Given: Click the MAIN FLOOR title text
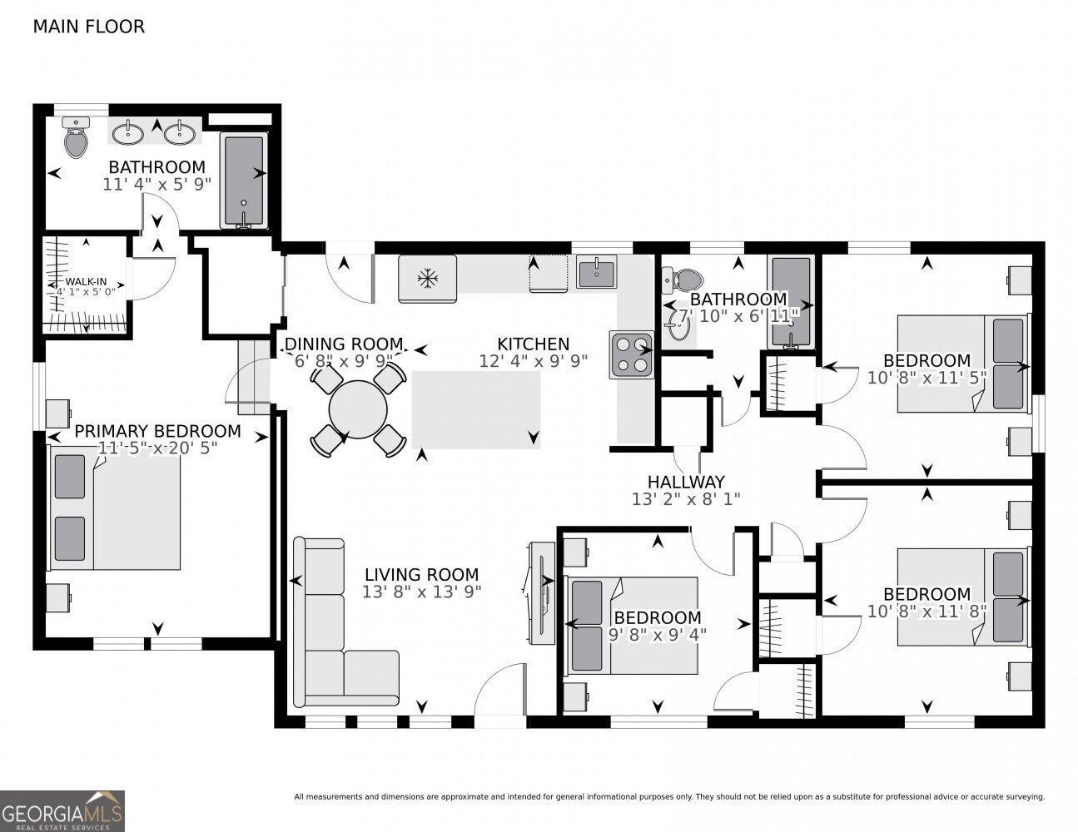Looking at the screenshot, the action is (89, 27).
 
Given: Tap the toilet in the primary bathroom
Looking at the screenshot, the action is (76, 137).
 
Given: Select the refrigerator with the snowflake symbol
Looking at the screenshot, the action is (427, 279).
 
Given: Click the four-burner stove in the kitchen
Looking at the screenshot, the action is (632, 354).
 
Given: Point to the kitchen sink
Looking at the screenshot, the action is (596, 272).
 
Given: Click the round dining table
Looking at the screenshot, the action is (358, 409).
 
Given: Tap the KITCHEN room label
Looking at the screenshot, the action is (534, 344).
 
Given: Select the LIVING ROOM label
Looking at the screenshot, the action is (422, 575).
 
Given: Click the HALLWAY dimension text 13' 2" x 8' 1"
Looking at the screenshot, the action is (686, 499).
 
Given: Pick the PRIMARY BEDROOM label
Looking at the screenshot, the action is (158, 431).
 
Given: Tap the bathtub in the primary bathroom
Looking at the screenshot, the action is (244, 181).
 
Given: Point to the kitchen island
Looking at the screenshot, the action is (476, 410).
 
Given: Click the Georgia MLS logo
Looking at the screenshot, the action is (62, 811).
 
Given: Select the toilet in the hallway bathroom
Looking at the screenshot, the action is (682, 280).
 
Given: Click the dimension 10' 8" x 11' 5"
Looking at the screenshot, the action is (927, 378).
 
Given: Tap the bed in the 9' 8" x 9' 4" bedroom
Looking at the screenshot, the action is (633, 625).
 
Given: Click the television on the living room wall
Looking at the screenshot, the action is (542, 593).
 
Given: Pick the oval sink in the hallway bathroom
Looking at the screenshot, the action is (678, 324).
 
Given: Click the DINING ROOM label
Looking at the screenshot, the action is (344, 344).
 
